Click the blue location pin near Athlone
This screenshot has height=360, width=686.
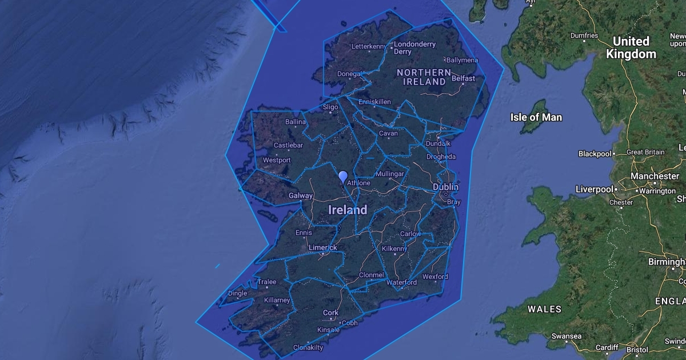[x=343, y=177]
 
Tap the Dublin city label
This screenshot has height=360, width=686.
[x=445, y=187]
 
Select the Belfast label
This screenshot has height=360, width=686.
[x=463, y=78]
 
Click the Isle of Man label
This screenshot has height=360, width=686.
[x=536, y=117]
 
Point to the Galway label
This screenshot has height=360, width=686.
[x=301, y=195]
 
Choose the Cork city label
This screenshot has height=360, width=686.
[x=330, y=313]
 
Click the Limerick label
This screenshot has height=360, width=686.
[x=323, y=247]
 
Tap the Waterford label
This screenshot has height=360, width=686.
[x=401, y=282]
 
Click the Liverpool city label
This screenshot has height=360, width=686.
[x=594, y=189]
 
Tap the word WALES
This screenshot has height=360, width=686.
[x=544, y=309]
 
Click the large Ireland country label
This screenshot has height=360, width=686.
[x=348, y=210]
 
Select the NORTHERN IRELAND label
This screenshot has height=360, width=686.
[x=424, y=77]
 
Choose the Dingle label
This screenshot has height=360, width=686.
[x=238, y=294]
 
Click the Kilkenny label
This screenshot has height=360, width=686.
[x=394, y=249]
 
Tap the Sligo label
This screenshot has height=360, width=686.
[x=330, y=107]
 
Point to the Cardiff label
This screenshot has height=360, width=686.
[x=607, y=347]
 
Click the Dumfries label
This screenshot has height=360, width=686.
[x=584, y=35]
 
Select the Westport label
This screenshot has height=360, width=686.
[x=277, y=161]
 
